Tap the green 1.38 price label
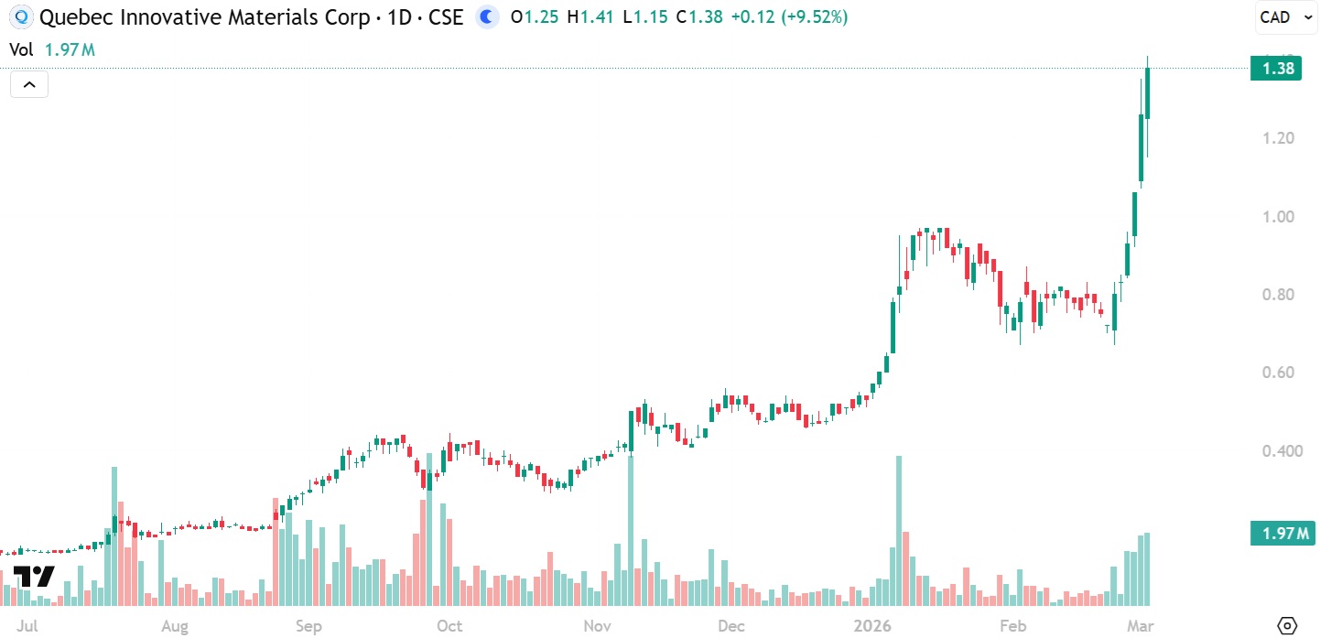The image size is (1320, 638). pyautogui.click(x=1276, y=68)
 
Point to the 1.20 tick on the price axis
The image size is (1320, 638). pyautogui.click(x=1277, y=138)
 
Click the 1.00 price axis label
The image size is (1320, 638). pyautogui.click(x=1277, y=217)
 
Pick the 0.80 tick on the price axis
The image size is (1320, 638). pyautogui.click(x=1277, y=295)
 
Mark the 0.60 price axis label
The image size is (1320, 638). pyautogui.click(x=1277, y=373)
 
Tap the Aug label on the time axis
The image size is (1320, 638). pyautogui.click(x=174, y=627)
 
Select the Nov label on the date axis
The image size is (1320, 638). pyautogui.click(x=597, y=627)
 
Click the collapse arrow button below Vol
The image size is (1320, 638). pyautogui.click(x=29, y=85)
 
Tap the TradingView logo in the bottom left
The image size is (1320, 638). pyautogui.click(x=33, y=577)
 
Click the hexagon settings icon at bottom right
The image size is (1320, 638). pyautogui.click(x=1287, y=626)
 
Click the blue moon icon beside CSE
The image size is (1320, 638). pyautogui.click(x=488, y=16)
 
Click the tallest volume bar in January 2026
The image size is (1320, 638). pyautogui.click(x=899, y=531)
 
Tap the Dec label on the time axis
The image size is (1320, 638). pyautogui.click(x=730, y=627)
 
